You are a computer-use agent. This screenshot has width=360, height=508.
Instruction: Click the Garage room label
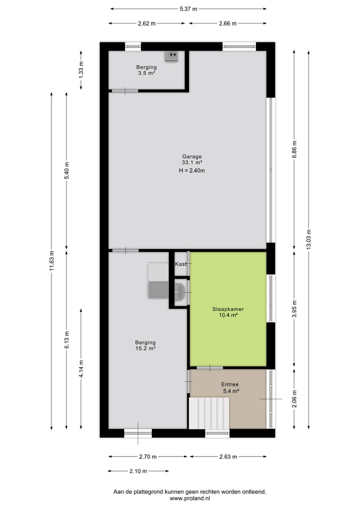tap(192, 156)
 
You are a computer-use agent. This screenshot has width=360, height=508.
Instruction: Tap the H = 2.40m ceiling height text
tap(192, 170)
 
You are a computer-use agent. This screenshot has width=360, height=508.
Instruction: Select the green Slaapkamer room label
tap(228, 309)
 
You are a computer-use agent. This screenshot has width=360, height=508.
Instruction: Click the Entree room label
tap(230, 384)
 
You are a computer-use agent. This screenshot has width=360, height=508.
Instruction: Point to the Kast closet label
tap(180, 264)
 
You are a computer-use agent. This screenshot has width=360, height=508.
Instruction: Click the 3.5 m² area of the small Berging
tap(146, 73)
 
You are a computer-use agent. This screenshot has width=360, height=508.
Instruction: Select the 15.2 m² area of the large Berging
tap(145, 349)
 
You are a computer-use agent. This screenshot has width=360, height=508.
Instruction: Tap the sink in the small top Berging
tap(171, 55)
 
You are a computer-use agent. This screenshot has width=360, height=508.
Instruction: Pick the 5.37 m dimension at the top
tap(188, 8)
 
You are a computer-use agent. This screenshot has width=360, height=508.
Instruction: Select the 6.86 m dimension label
tap(294, 149)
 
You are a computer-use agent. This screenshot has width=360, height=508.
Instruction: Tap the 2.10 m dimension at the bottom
tap(138, 471)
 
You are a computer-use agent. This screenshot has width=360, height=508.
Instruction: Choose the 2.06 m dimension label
tap(294, 399)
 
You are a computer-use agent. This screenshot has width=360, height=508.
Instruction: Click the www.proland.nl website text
tap(189, 499)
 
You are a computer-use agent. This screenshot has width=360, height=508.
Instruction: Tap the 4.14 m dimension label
tap(81, 369)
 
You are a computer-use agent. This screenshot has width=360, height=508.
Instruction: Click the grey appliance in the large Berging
tap(158, 289)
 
